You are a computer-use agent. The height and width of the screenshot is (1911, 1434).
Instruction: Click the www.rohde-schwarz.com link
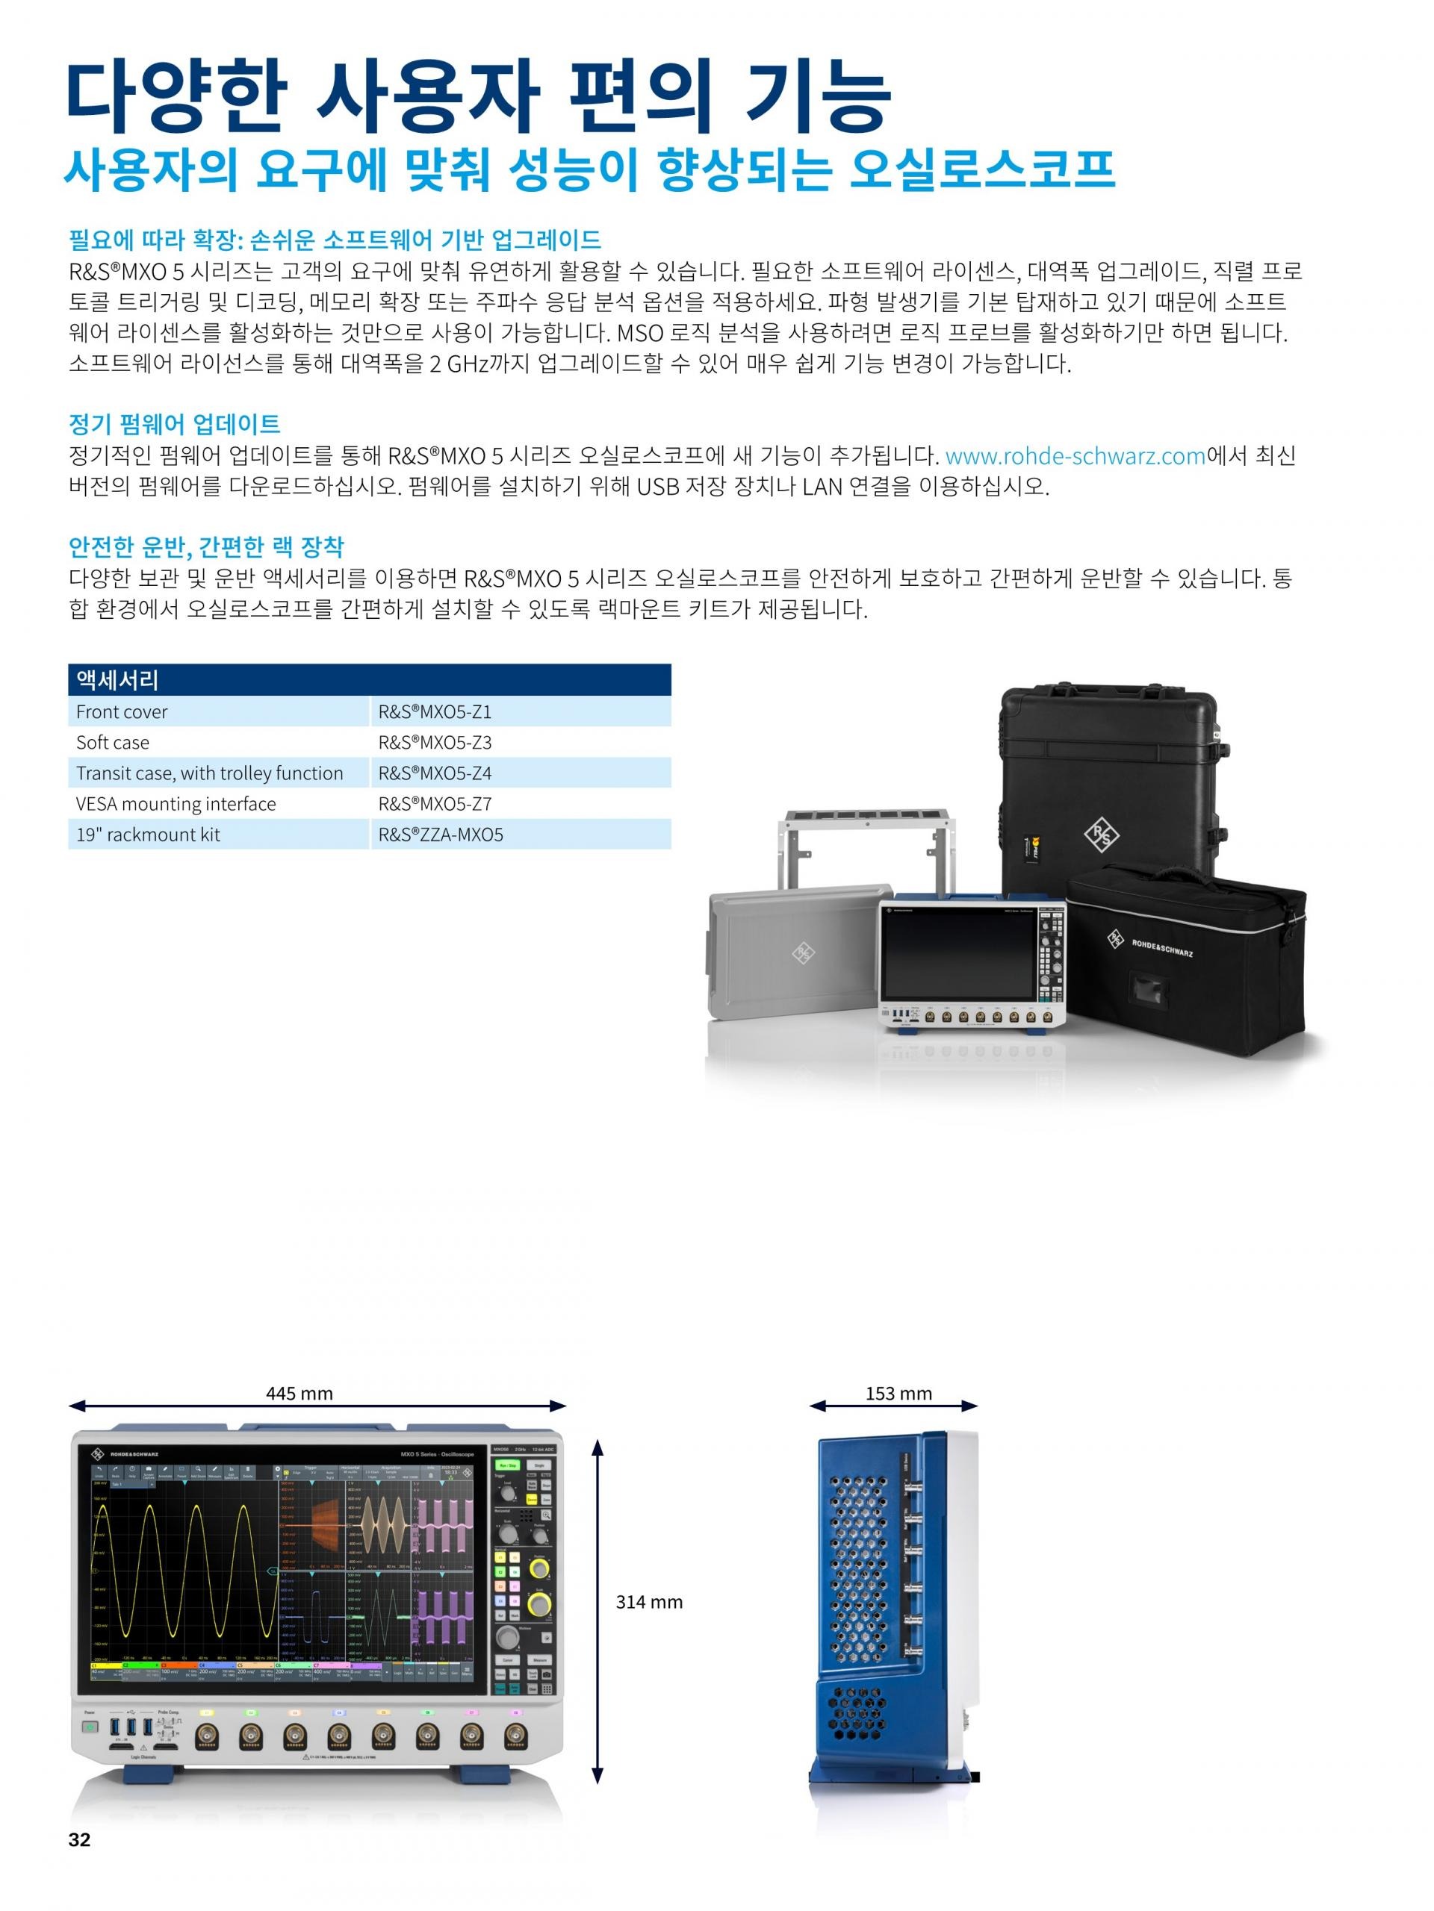(1075, 456)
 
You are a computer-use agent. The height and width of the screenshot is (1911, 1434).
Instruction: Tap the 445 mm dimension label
(299, 1393)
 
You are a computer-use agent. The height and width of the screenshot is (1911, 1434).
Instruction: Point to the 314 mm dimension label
(648, 1602)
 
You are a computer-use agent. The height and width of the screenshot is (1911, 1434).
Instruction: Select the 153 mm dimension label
(898, 1393)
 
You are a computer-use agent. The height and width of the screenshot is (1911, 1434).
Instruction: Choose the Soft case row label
(112, 742)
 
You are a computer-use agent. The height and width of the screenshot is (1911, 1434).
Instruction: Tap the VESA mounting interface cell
(176, 803)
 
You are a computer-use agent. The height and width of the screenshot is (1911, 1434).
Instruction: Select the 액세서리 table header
(117, 680)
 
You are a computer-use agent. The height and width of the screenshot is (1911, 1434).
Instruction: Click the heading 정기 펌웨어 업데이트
(175, 423)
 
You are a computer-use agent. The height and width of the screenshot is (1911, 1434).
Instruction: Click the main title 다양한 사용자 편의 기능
(478, 93)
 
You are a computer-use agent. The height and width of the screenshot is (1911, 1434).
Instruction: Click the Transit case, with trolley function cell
(209, 773)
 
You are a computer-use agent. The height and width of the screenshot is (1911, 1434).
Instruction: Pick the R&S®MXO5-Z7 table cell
(435, 803)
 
